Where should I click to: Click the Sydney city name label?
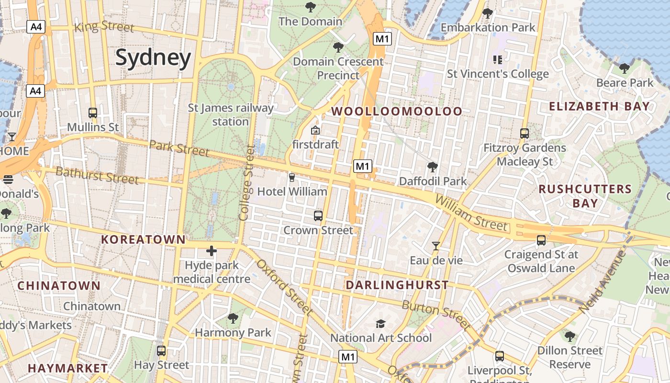pos(153,57)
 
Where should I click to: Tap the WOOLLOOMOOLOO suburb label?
pos(397,112)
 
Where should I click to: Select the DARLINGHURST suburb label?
pos(397,285)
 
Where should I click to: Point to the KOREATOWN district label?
pos(143,239)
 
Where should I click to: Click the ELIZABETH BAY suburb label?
pos(599,106)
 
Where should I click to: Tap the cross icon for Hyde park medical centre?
pos(212,251)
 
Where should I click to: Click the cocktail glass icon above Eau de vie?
pos(436,246)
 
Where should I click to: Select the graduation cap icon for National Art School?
pos(380,324)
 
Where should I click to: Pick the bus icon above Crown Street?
pos(318,216)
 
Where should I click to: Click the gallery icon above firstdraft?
pos(315,130)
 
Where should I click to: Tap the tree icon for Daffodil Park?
pos(433,167)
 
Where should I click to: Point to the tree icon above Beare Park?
pos(624,68)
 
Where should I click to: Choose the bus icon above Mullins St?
pos(93,113)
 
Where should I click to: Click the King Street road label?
pos(104,27)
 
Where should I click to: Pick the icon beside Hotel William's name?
pos(292,178)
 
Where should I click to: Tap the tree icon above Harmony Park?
pos(233,318)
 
